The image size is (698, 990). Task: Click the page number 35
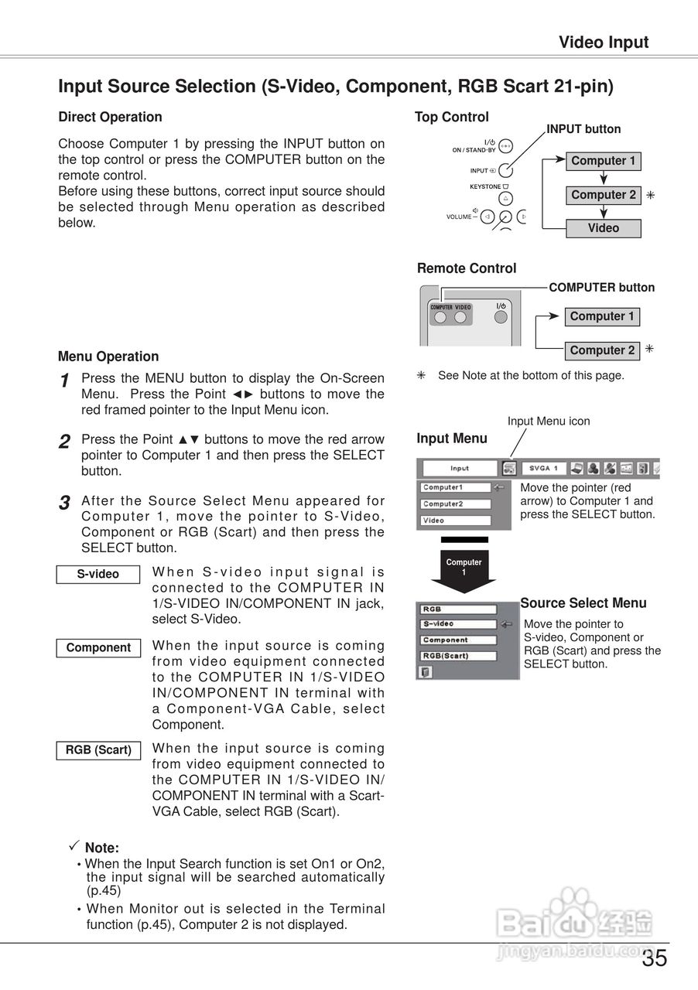coord(654,959)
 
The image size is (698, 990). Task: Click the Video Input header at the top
coord(604,43)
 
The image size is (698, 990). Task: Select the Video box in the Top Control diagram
coord(603,228)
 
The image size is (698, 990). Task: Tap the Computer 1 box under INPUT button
coord(603,161)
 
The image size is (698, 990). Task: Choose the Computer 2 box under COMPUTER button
coord(602,350)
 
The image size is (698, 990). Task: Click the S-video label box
coord(98,574)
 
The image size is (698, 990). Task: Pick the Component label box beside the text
coord(98,648)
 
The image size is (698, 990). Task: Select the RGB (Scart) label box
coord(98,750)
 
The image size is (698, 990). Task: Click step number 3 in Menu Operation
coord(65,504)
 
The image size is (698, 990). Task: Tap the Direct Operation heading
coord(110,117)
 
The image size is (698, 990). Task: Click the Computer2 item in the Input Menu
coord(456,504)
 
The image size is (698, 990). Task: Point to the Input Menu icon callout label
coord(548,421)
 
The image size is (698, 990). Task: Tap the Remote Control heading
coord(466,268)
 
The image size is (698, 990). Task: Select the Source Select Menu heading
coord(583,603)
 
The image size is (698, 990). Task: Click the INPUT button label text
coord(583,129)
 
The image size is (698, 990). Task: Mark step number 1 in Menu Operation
coord(65,381)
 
